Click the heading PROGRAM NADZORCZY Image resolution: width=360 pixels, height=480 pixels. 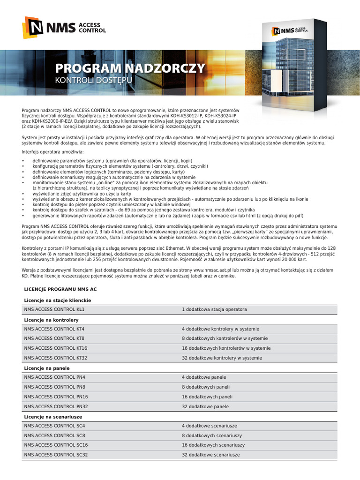pyautogui.click(x=130, y=68)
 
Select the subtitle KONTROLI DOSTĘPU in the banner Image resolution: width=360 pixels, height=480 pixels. pyautogui.click(x=94, y=81)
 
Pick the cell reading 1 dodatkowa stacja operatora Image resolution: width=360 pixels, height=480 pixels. pyautogui.click(x=214, y=310)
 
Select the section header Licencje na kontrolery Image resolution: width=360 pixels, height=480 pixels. pyautogui.click(x=51, y=319)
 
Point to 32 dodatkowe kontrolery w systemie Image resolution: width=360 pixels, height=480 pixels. pyautogui.click(x=222, y=358)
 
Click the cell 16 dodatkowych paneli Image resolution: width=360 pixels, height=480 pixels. pyautogui.click(x=207, y=397)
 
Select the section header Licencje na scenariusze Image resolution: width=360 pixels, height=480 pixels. pyautogui.click(x=53, y=416)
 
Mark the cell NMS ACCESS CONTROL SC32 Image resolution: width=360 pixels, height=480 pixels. pyautogui.click(x=56, y=455)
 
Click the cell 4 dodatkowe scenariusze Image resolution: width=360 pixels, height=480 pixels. pyautogui.click(x=209, y=426)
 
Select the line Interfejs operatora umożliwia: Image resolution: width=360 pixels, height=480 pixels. pyautogui.click(x=52, y=152)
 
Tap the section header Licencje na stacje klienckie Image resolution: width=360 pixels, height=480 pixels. pyautogui.click(x=57, y=300)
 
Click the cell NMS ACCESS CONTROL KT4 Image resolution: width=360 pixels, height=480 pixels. pyautogui.click(x=54, y=329)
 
